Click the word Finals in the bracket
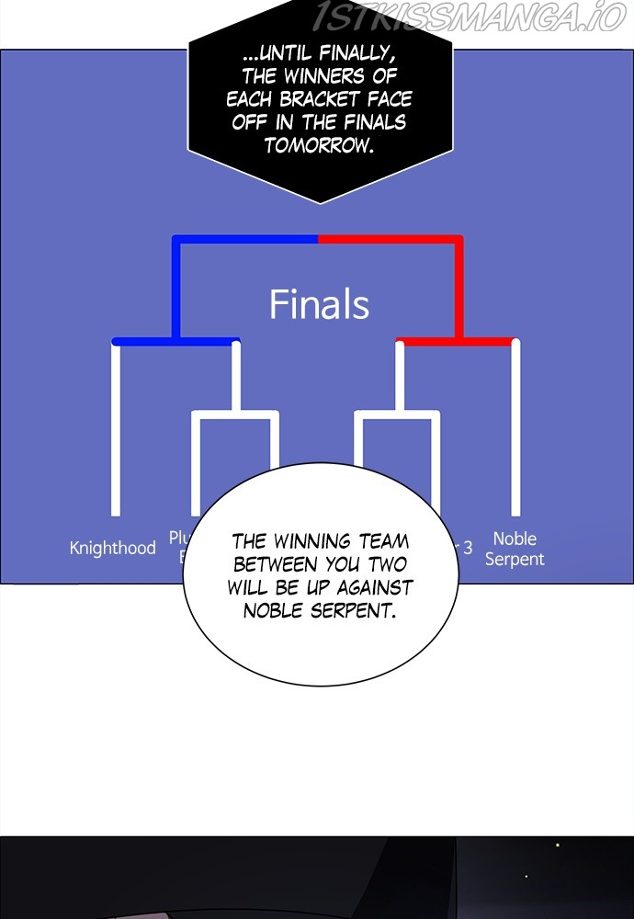[x=319, y=304]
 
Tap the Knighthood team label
[x=113, y=548]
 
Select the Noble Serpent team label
[x=515, y=549]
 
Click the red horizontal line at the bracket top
[x=391, y=239]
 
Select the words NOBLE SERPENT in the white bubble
[x=320, y=610]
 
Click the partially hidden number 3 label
[x=467, y=548]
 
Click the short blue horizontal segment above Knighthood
[x=175, y=341]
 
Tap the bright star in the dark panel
[x=556, y=845]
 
